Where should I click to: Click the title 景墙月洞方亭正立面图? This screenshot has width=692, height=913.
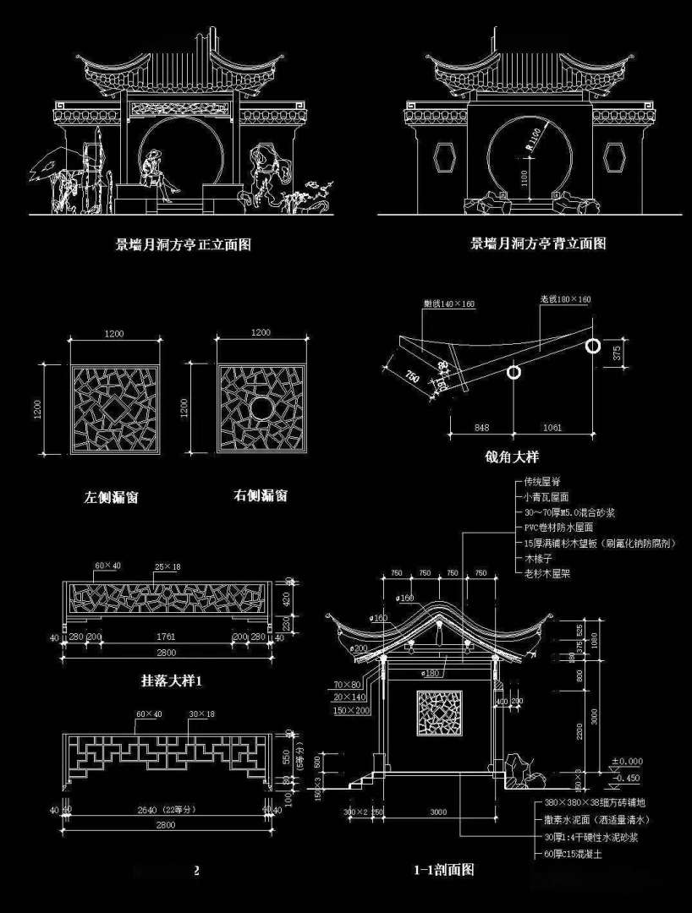point(183,245)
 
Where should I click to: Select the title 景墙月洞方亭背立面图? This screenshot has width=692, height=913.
point(538,243)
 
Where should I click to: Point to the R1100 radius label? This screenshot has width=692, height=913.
point(531,139)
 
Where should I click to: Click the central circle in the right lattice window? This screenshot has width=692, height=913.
point(261,408)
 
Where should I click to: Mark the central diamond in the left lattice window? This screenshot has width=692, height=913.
point(115,409)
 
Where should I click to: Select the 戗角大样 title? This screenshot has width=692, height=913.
point(512,456)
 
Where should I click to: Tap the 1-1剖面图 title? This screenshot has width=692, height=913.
point(443,869)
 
